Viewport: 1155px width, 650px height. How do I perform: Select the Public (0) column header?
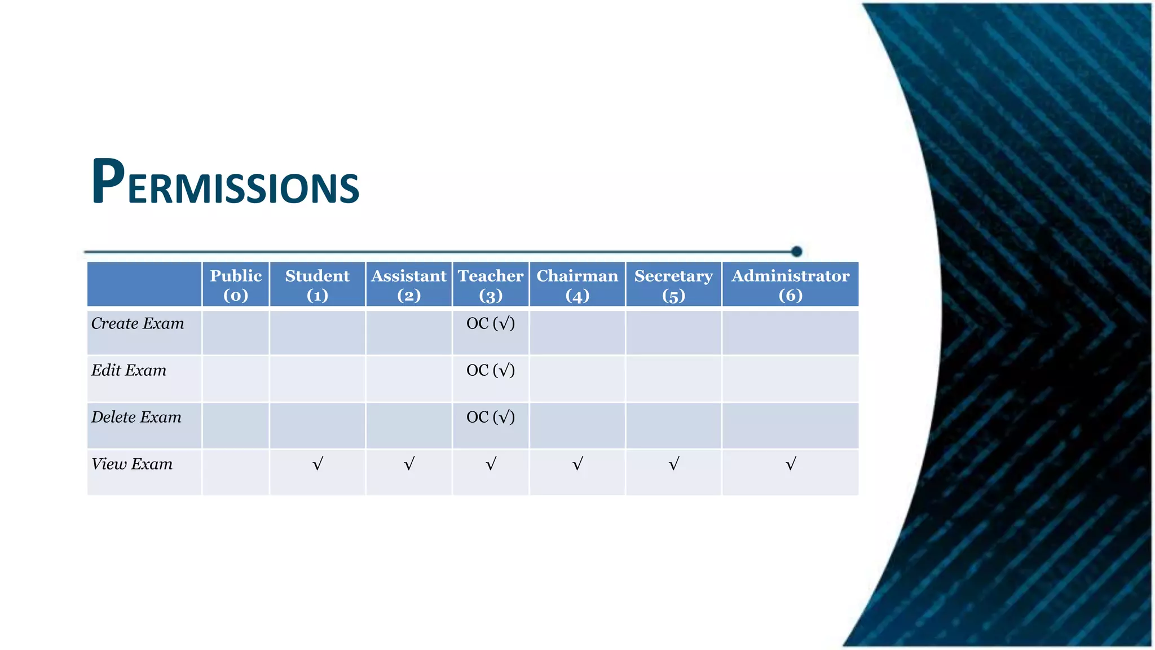236,285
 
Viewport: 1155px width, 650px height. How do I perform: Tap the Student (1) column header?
318,285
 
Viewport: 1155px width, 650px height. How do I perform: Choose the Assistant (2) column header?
409,285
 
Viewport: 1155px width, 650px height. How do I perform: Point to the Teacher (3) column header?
491,285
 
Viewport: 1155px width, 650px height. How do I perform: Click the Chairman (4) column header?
577,285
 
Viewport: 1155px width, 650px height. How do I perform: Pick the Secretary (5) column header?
673,285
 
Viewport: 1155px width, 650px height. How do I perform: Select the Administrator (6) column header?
790,285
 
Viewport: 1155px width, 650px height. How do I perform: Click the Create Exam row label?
138,323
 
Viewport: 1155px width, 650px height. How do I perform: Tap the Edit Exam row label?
129,370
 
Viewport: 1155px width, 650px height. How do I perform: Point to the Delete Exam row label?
136,417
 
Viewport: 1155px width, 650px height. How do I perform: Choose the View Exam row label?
132,464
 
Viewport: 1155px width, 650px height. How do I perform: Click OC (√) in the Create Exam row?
491,323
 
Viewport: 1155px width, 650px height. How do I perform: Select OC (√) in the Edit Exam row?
491,370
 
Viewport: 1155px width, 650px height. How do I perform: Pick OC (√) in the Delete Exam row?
491,417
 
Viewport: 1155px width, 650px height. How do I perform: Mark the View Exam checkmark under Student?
318,464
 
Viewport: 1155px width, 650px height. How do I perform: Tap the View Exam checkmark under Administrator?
791,464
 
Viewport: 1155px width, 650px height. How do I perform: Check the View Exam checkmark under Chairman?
577,464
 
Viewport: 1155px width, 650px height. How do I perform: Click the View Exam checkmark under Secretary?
674,464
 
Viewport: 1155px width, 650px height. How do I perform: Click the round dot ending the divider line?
796,251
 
